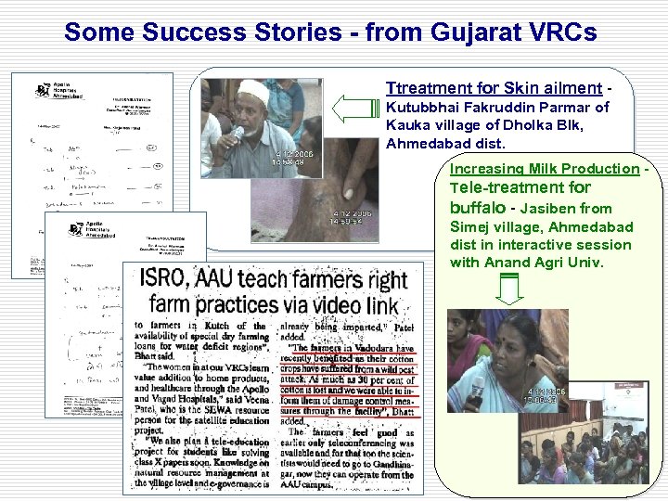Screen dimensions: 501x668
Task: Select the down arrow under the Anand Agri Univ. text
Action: tap(510, 291)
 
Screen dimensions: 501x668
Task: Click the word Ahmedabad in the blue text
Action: tap(423, 144)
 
